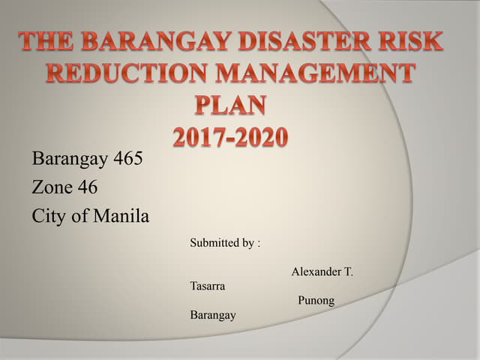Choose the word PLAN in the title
point(230,106)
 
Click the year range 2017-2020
point(230,138)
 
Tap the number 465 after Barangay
point(127,159)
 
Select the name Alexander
point(316,271)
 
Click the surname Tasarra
point(208,286)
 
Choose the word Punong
point(316,301)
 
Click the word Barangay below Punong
point(213,315)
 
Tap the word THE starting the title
point(52,42)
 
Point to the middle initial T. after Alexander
point(348,271)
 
